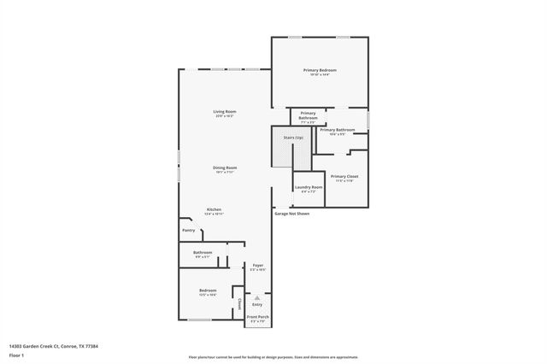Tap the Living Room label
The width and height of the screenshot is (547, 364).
tap(225, 112)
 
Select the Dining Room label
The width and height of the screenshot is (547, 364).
tap(225, 167)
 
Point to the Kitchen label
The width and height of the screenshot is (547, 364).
tap(215, 209)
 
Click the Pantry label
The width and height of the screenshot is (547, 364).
tap(189, 230)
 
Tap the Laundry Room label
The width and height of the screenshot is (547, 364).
tap(309, 187)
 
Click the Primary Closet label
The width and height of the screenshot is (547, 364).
tap(345, 176)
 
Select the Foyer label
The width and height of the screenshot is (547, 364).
tap(257, 266)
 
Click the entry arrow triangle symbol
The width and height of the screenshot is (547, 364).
tap(257, 297)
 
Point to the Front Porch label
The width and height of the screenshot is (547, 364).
tap(257, 317)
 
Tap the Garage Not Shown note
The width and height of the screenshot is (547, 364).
tap(291, 214)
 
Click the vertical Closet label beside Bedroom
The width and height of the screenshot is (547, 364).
tap(240, 303)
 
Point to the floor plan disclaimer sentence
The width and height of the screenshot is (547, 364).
tap(273, 357)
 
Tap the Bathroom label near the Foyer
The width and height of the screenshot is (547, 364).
tap(203, 252)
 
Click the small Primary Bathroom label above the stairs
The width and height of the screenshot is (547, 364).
tap(308, 115)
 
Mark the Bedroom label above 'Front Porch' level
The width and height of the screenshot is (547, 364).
tap(208, 291)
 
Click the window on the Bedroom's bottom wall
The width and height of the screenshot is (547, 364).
tap(199, 320)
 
